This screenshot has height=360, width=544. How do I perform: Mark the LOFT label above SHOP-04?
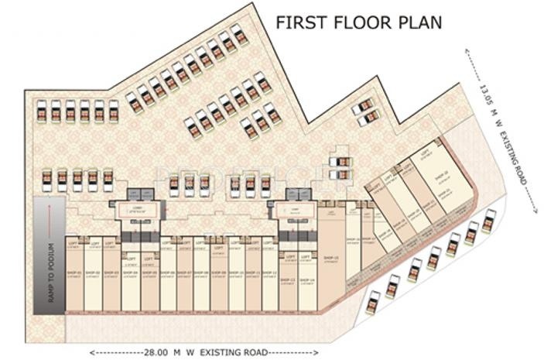click(130, 259)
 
